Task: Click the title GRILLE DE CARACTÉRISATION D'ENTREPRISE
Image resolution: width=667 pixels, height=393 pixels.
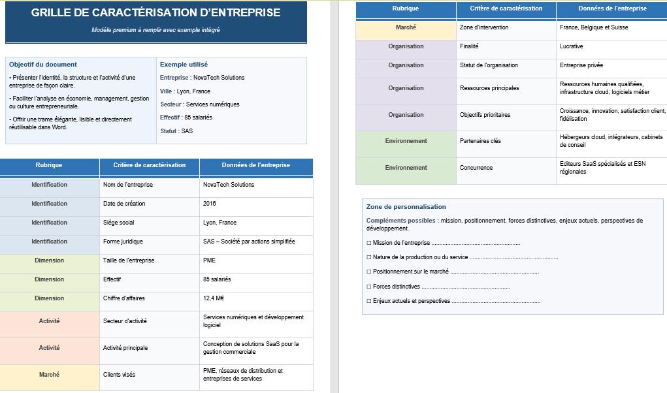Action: (x=155, y=13)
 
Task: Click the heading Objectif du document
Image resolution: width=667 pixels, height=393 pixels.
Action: (x=43, y=65)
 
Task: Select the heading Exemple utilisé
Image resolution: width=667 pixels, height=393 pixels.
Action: (x=184, y=65)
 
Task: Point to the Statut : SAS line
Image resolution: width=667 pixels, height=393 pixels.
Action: (x=176, y=131)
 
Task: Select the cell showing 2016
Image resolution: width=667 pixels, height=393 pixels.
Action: (x=210, y=204)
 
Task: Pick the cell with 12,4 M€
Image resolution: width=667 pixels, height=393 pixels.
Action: (x=214, y=298)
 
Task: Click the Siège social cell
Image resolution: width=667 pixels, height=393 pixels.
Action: (x=119, y=223)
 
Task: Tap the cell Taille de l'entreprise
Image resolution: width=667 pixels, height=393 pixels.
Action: (x=129, y=260)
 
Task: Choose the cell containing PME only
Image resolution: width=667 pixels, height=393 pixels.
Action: (x=210, y=260)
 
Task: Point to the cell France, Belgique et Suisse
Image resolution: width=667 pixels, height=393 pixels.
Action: (x=594, y=27)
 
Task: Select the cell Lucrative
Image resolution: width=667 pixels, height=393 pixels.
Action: (x=572, y=46)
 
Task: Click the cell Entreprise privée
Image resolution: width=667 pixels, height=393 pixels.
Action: (x=581, y=65)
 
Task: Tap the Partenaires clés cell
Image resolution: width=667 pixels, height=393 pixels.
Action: (x=480, y=141)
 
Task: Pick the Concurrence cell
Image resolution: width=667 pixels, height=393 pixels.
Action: (x=476, y=168)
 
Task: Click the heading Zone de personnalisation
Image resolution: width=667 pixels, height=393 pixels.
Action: (x=406, y=207)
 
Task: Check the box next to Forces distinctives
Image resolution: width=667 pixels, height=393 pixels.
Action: (x=369, y=287)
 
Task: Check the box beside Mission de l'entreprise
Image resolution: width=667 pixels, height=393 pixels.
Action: (x=369, y=243)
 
